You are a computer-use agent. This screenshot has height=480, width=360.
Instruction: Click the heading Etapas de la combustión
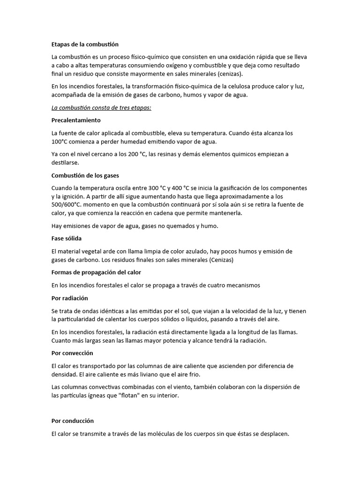tap(85, 45)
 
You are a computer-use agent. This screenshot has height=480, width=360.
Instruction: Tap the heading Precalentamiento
tap(76, 120)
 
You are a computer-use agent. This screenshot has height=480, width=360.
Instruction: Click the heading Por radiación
tap(69, 298)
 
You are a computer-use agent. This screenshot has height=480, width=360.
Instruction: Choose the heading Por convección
tap(72, 353)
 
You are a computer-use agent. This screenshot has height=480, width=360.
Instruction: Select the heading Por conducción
tap(73, 421)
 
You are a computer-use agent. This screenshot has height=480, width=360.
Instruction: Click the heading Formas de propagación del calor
tap(96, 272)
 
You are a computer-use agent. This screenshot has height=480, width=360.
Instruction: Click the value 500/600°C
tap(68, 205)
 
